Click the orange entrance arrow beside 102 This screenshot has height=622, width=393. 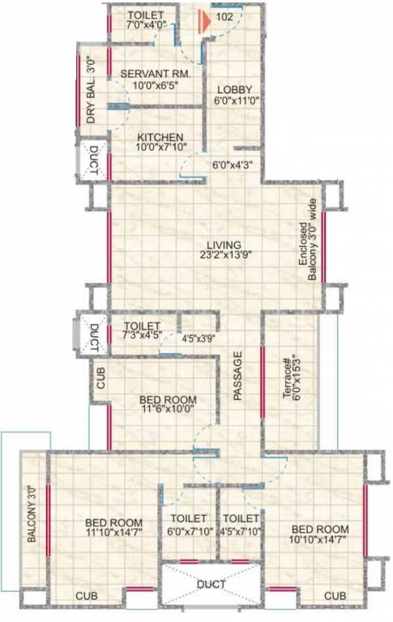coord(206,15)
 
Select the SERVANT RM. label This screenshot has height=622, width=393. coord(156,74)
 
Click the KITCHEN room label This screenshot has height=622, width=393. coord(160,137)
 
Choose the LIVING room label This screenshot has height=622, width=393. coord(224,244)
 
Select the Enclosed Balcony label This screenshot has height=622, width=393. coord(306,251)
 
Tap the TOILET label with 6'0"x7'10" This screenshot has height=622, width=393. coord(188,518)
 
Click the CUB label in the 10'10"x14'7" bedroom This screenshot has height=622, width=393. coord(335,596)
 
